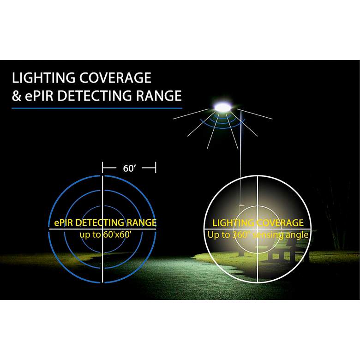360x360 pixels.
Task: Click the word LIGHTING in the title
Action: coord(43,78)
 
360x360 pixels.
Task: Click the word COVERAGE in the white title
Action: coord(115,78)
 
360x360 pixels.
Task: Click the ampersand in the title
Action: coord(16,96)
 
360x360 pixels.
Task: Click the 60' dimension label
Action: coord(129,168)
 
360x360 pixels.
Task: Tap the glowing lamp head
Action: coord(222,107)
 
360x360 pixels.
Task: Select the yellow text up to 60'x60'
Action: coord(106,234)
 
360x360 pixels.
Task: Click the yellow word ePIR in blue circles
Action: coord(64,223)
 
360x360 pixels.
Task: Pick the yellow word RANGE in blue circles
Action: coord(142,223)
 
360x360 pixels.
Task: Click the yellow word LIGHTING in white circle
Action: coord(233,223)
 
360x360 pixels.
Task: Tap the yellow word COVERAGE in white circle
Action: coord(280,223)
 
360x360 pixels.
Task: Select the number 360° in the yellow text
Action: coord(241,235)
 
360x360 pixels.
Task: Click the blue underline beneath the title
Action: coord(97,108)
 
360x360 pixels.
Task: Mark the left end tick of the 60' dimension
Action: coord(102,168)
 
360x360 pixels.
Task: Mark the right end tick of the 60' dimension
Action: coord(156,168)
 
